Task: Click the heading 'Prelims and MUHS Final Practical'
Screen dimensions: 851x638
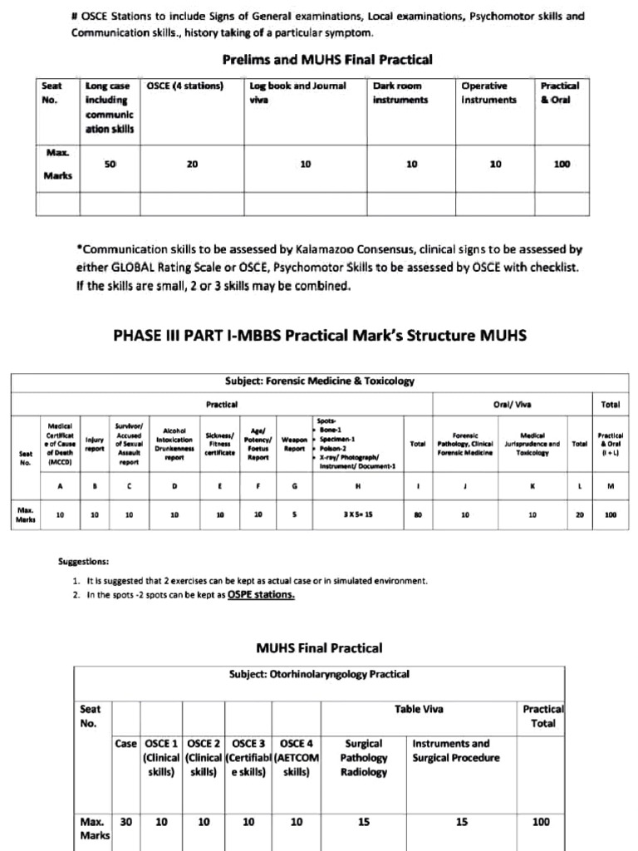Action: [x=327, y=59]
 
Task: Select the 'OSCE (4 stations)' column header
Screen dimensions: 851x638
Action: [x=184, y=86]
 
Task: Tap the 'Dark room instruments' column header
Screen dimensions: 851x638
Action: [x=400, y=92]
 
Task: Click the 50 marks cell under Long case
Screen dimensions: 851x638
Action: [x=110, y=165]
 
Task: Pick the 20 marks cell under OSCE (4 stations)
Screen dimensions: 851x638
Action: [x=192, y=165]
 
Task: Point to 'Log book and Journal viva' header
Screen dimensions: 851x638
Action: [x=297, y=92]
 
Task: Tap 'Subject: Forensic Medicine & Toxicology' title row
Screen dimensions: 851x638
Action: [x=320, y=381]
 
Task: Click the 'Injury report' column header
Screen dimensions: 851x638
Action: [x=95, y=445]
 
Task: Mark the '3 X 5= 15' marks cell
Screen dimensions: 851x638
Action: [x=358, y=514]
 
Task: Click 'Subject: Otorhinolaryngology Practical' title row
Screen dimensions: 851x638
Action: [x=320, y=675]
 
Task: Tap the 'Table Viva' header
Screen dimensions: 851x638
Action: [x=419, y=709]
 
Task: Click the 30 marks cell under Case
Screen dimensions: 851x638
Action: [x=126, y=822]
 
